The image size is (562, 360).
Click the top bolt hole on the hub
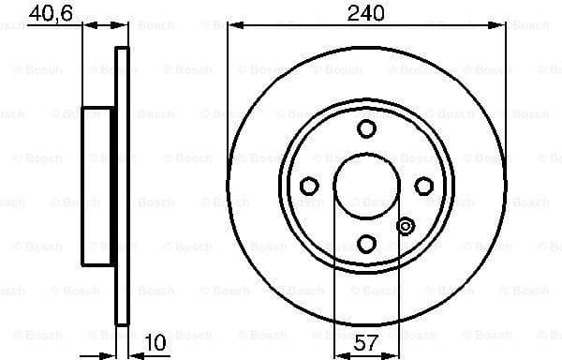coord(366,128)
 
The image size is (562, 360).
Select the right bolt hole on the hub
coord(424,187)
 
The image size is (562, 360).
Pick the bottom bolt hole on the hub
coord(366,244)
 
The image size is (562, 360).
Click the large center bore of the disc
coord(366,186)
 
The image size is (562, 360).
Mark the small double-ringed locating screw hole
coord(406,226)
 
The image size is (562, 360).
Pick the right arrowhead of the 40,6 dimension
coord(123,26)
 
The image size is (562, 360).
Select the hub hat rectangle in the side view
coord(98,186)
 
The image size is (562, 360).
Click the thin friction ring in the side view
coord(121,186)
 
